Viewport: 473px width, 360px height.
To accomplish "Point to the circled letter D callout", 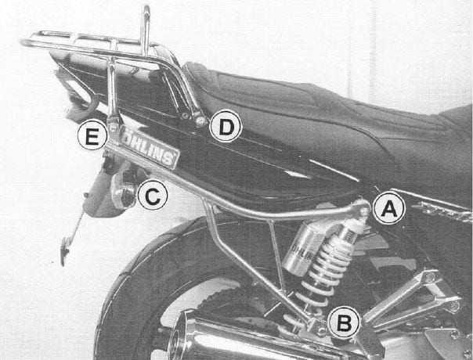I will point(226,127).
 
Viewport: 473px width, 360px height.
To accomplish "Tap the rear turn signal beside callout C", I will point(124,192).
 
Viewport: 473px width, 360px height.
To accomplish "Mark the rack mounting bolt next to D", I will point(201,121).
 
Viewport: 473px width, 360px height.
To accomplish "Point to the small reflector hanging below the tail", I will point(64,252).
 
